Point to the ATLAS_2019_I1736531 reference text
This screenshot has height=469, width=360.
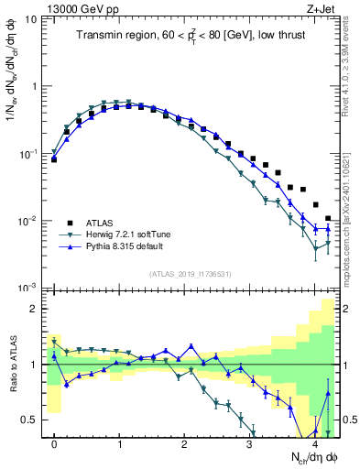click(x=191, y=273)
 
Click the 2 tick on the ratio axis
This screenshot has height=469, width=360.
click(x=34, y=309)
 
